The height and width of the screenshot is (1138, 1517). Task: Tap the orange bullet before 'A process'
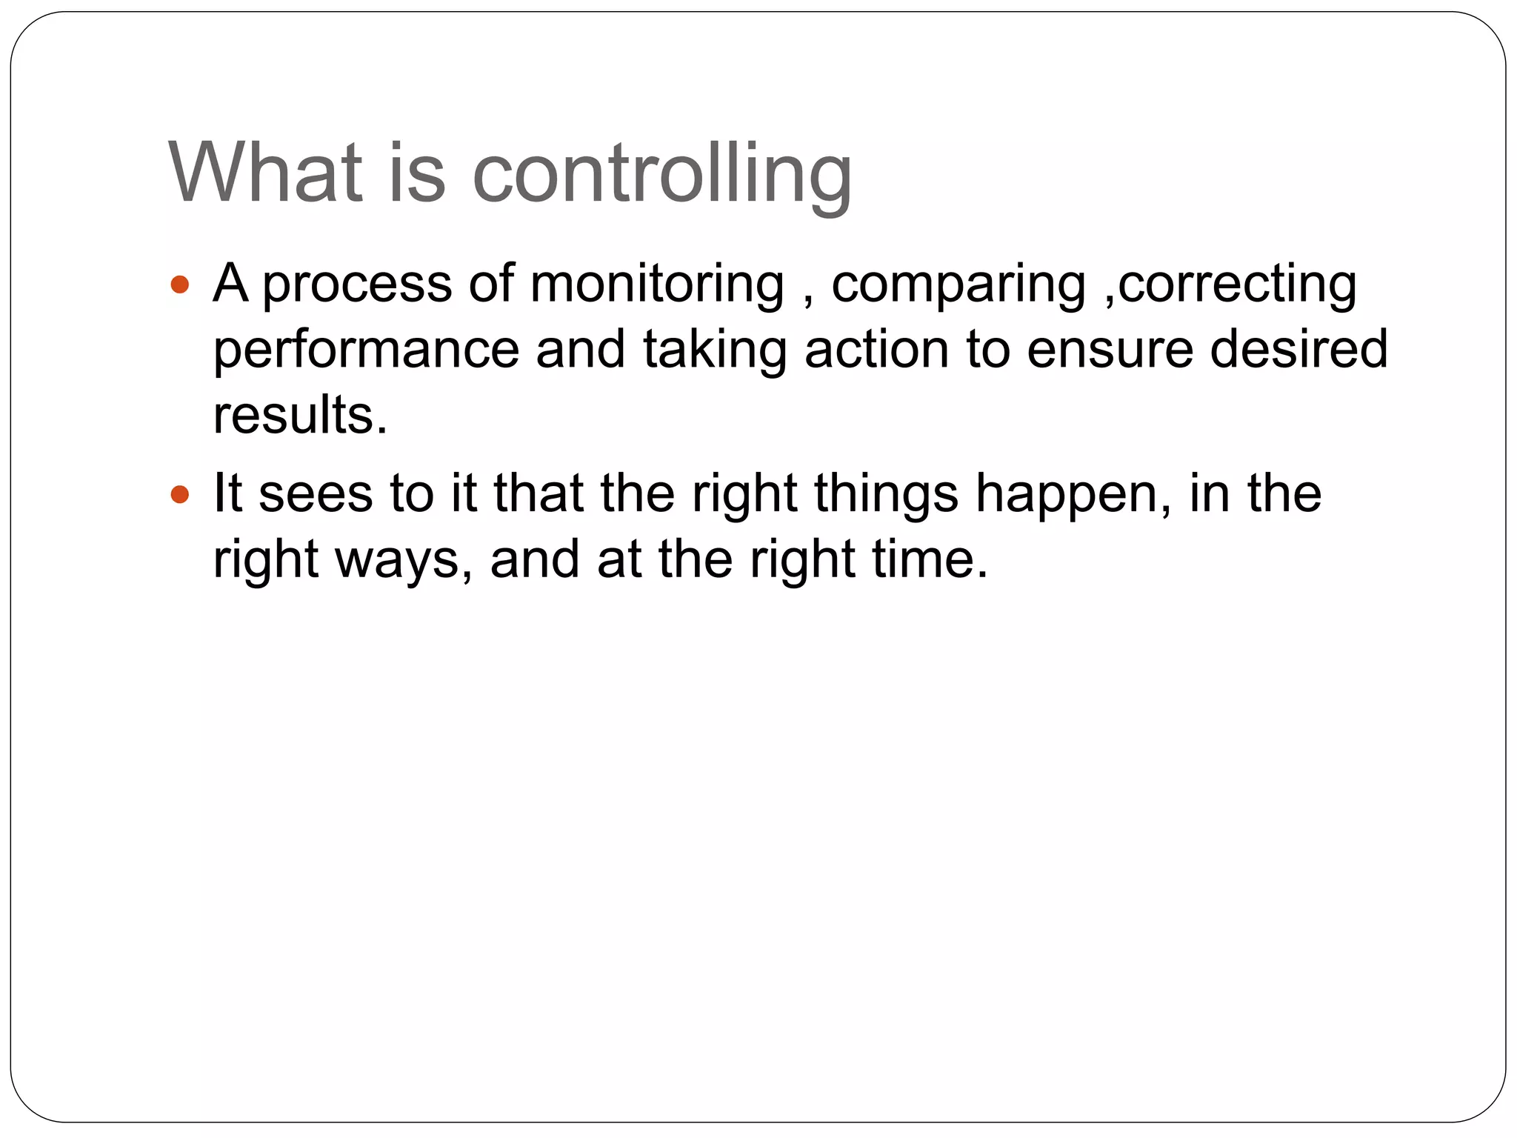point(180,284)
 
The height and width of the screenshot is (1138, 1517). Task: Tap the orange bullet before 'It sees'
point(180,494)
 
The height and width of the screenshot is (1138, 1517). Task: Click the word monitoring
point(657,284)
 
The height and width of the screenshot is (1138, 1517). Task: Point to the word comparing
point(958,286)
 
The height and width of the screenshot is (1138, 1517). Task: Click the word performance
point(366,351)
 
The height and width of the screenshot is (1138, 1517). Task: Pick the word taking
point(714,351)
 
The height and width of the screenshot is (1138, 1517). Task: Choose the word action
point(876,350)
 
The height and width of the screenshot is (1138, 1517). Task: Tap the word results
point(300,415)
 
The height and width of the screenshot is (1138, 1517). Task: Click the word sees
point(316,495)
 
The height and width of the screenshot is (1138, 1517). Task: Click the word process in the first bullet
point(357,286)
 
